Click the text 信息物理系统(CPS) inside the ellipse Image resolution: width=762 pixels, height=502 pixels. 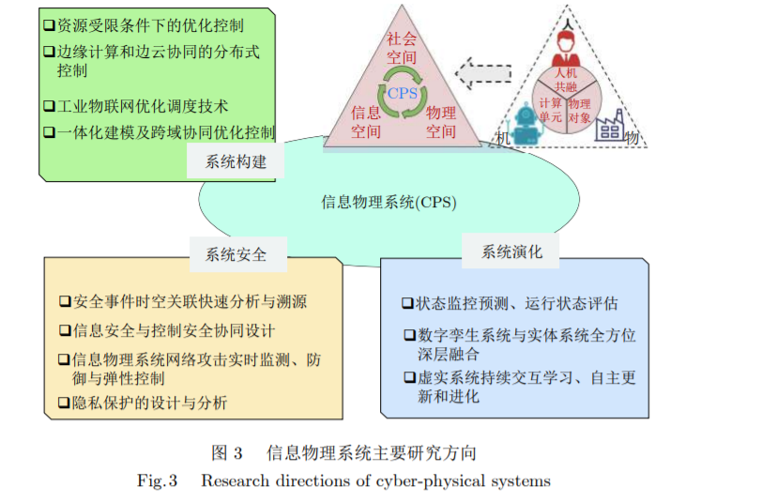pos(395,201)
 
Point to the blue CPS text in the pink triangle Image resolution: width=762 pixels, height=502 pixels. pos(403,93)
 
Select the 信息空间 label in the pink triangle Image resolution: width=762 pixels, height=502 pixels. pos(366,122)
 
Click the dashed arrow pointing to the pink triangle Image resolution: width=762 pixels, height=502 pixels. pos(482,71)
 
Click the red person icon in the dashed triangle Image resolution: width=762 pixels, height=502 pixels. pos(566,42)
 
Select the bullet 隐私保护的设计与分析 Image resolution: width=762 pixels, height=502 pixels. pos(149,403)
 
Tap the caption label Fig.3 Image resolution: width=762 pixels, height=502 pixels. pos(158,481)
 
